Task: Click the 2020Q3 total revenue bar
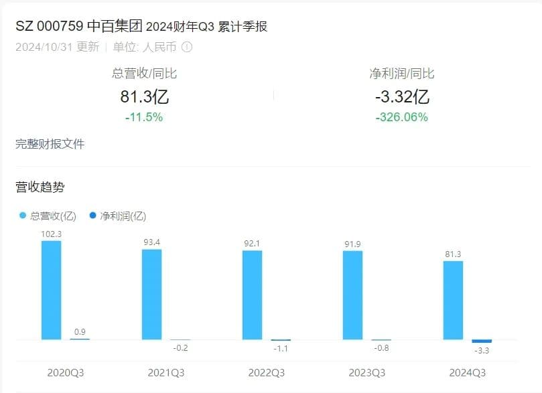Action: point(51,290)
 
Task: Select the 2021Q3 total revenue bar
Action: point(151,295)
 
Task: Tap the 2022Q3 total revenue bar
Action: point(252,295)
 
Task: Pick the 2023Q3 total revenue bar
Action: point(352,295)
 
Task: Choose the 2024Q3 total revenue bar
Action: point(453,301)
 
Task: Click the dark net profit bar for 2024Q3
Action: point(482,341)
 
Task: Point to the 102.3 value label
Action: point(51,234)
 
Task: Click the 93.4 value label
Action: point(152,242)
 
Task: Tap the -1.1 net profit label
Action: point(281,349)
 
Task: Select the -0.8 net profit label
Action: point(381,348)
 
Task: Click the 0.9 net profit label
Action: point(80,331)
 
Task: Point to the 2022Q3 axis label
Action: point(266,373)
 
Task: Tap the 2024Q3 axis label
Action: point(467,373)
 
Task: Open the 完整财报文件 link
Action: point(50,144)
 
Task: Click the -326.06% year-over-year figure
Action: point(402,117)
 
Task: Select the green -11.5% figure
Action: point(144,117)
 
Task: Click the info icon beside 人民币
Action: point(187,47)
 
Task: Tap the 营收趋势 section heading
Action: point(40,187)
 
